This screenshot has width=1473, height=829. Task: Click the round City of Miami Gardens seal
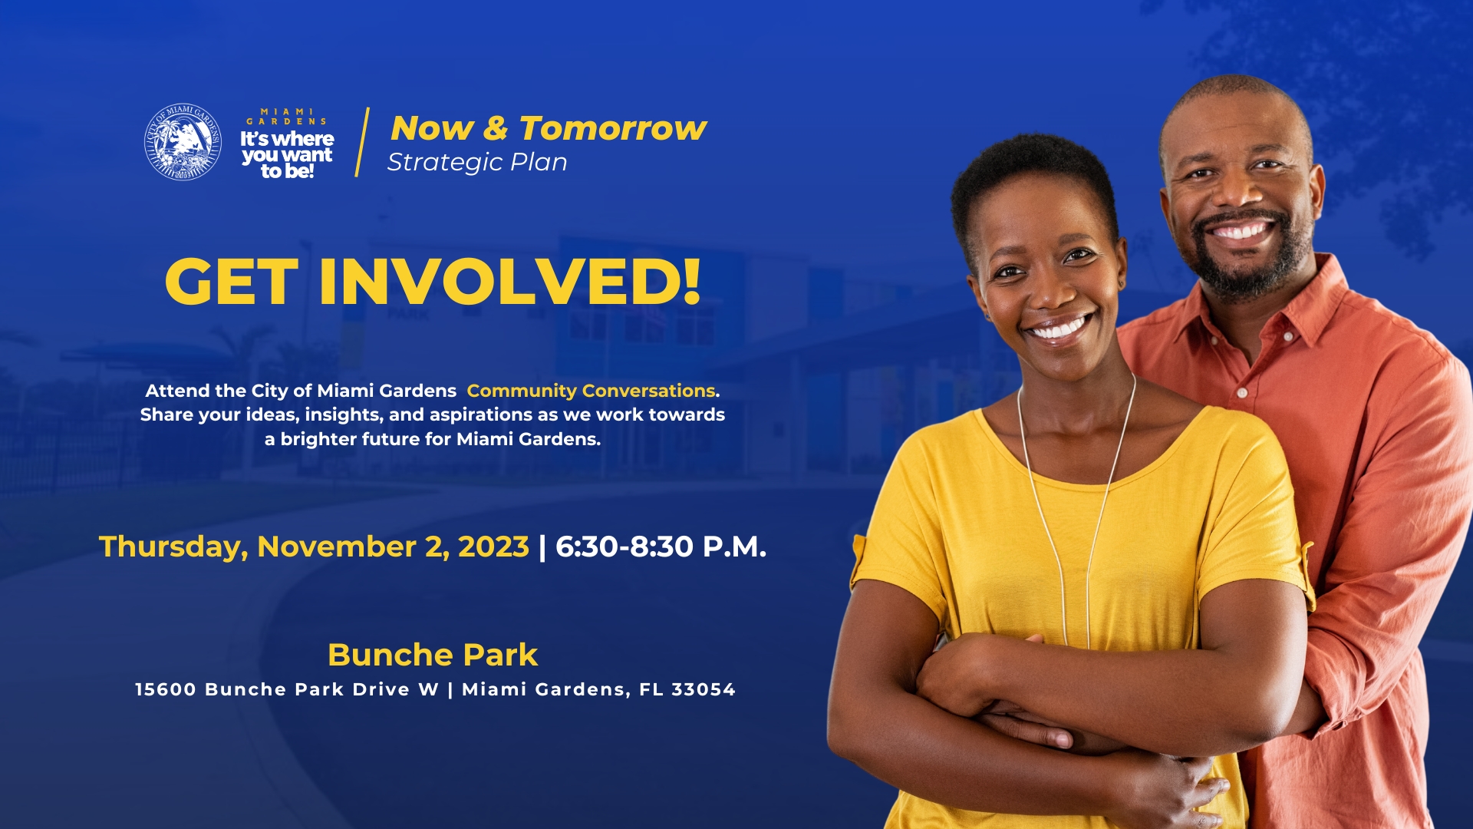pyautogui.click(x=183, y=142)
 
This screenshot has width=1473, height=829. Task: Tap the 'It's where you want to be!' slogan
pyautogui.click(x=287, y=154)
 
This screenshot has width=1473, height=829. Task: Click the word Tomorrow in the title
pyautogui.click(x=613, y=127)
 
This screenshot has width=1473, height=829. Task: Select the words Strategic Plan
pyautogui.click(x=477, y=162)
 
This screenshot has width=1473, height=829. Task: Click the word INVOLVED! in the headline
pyautogui.click(x=510, y=281)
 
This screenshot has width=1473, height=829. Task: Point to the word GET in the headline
pyautogui.click(x=231, y=281)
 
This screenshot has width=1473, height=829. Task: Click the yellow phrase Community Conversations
pyautogui.click(x=592, y=391)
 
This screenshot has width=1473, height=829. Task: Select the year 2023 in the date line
pyautogui.click(x=493, y=547)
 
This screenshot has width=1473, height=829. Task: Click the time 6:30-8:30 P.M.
pyautogui.click(x=661, y=547)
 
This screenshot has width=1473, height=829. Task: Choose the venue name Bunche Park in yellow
pyautogui.click(x=433, y=655)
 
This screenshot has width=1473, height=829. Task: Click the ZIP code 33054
pyautogui.click(x=704, y=689)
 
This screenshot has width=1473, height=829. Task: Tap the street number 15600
pyautogui.click(x=166, y=689)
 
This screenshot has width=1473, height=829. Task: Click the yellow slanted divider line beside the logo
pyautogui.click(x=363, y=142)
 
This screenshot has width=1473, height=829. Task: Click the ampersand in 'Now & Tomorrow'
pyautogui.click(x=496, y=127)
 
